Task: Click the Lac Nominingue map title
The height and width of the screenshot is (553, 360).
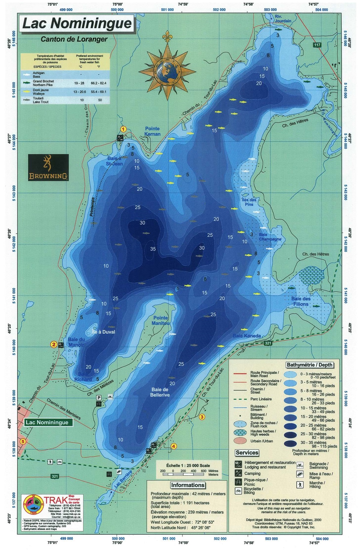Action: (77, 24)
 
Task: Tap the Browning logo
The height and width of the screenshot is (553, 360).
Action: (48, 167)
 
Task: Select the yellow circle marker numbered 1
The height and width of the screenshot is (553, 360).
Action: (123, 129)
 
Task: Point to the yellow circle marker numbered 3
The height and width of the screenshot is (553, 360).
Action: (202, 417)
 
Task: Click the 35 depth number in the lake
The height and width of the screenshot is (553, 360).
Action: (153, 249)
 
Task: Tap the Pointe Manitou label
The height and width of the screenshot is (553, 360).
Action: (160, 320)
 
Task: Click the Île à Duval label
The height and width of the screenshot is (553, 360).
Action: (103, 332)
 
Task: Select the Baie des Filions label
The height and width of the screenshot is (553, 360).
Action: (301, 301)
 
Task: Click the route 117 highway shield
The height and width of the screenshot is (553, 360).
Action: (317, 45)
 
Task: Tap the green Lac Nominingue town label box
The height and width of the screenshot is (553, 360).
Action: (47, 423)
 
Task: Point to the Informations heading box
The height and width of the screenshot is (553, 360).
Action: (187, 485)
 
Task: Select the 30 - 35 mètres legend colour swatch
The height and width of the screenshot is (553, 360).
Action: (290, 444)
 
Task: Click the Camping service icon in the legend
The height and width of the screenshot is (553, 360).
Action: (238, 473)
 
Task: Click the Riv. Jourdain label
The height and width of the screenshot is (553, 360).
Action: (283, 19)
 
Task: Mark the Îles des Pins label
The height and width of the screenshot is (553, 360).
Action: (249, 202)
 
